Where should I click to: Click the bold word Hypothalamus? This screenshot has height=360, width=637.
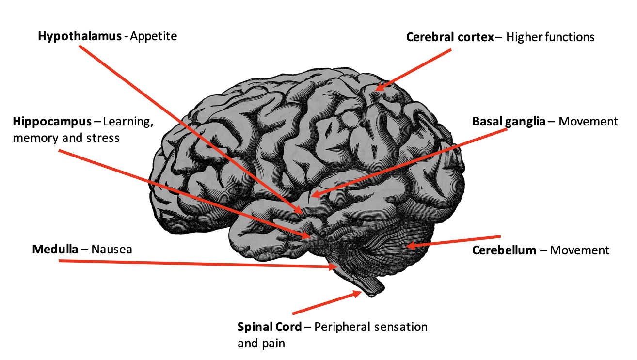(80, 36)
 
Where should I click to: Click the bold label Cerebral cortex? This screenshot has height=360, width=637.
(450, 37)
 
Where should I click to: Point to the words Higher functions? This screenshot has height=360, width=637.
(550, 37)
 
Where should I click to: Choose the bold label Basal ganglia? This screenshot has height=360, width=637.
(509, 121)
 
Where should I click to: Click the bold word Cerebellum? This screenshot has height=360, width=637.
(504, 250)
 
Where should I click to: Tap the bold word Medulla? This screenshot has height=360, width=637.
(55, 250)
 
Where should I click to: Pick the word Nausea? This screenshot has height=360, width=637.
(111, 250)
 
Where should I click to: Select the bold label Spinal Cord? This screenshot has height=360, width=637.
(268, 327)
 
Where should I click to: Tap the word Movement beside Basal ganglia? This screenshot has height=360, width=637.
(588, 121)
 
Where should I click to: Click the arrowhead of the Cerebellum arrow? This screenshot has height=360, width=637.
(408, 246)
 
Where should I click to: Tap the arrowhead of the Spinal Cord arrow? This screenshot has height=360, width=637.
(359, 292)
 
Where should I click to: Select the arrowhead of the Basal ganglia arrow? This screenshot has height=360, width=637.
(313, 195)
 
